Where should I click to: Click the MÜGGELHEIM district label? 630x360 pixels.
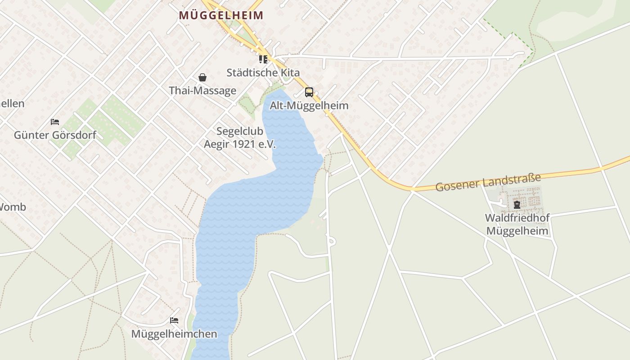(x=221, y=15)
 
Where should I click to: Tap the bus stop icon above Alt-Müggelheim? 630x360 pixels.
(x=309, y=92)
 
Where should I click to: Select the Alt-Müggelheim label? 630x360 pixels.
(x=309, y=106)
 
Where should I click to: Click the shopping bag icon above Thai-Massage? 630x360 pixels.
(x=202, y=77)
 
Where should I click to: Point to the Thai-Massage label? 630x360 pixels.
(x=202, y=90)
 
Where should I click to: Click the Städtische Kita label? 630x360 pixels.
(x=263, y=72)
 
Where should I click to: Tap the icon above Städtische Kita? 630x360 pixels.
(x=263, y=59)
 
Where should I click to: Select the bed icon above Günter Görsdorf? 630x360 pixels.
(x=55, y=122)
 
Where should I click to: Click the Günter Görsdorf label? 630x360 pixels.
(x=55, y=135)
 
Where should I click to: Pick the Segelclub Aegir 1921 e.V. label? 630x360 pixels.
(x=239, y=138)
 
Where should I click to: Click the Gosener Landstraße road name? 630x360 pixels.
(x=488, y=181)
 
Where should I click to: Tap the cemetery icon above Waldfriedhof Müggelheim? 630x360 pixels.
(x=517, y=205)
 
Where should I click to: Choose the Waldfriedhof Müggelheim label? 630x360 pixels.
(x=517, y=225)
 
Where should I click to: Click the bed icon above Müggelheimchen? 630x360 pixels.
(x=174, y=320)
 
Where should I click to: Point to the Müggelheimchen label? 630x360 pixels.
(x=174, y=334)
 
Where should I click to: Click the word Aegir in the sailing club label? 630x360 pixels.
(x=217, y=144)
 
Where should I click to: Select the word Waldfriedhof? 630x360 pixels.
(x=517, y=218)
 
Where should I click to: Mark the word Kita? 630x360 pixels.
(x=291, y=72)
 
